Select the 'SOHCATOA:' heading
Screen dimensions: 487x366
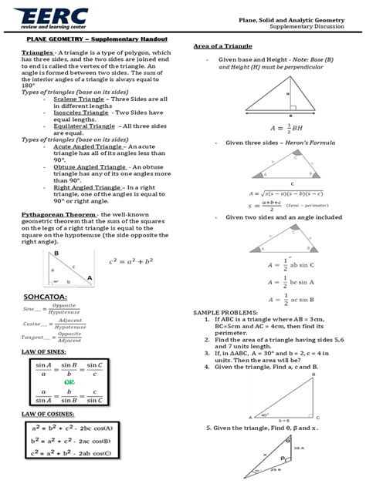46,296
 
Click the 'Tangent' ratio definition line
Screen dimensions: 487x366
54,338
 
